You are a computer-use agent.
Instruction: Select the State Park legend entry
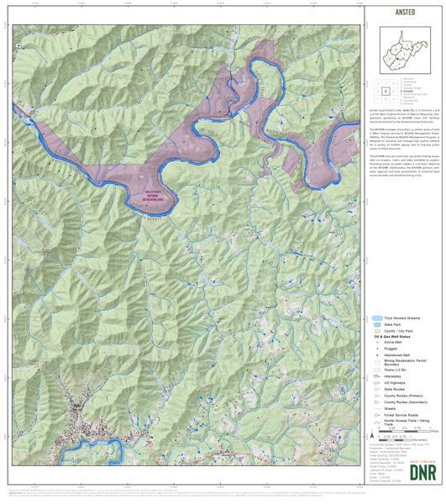tap(396, 325)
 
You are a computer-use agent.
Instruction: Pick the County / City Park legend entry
tap(401, 331)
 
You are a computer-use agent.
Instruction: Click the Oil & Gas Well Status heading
tap(400, 337)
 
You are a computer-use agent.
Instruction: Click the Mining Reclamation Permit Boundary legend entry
tap(401, 364)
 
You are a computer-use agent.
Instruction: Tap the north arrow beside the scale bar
tap(372, 437)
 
